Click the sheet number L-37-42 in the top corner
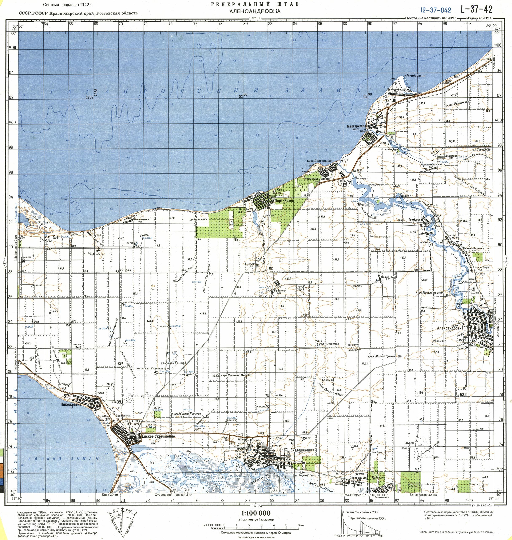tap(476, 9)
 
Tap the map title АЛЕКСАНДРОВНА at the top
tap(255, 11)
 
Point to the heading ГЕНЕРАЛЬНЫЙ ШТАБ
tap(255, 4)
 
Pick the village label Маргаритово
tap(356, 126)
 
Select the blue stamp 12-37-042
tap(436, 10)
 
